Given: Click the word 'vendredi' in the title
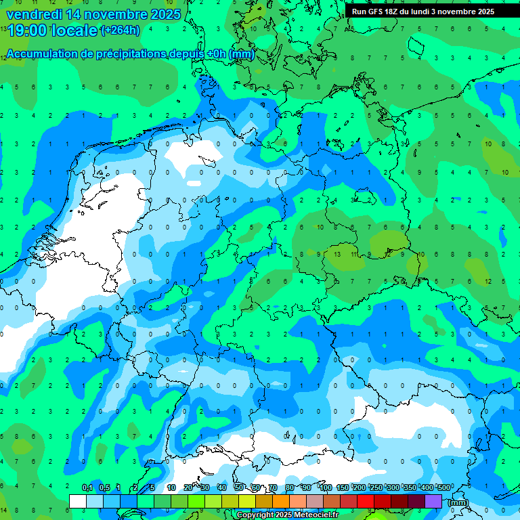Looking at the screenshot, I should (x=35, y=14).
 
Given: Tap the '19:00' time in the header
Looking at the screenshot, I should (x=26, y=30).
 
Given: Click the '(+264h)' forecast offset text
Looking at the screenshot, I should (x=121, y=30).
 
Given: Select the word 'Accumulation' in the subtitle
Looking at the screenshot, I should (x=41, y=54).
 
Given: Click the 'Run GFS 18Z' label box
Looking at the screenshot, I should (x=423, y=12).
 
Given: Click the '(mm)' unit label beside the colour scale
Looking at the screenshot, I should (x=458, y=502).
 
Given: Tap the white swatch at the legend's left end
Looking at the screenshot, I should (x=78, y=501).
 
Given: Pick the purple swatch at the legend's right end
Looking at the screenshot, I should (x=433, y=501).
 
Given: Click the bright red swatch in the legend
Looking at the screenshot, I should (x=366, y=501).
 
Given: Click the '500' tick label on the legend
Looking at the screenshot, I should (x=443, y=487).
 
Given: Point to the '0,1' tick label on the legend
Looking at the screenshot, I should (x=87, y=487).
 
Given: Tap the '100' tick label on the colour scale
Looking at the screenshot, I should (x=325, y=487).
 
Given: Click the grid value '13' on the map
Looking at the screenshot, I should (x=337, y=253).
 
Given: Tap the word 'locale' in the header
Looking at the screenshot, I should (x=73, y=30).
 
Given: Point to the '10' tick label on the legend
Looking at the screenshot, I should (x=171, y=487).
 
